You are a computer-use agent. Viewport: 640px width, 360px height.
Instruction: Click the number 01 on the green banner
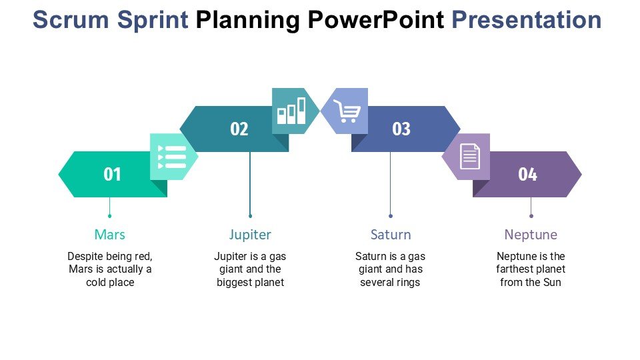pyautogui.click(x=112, y=175)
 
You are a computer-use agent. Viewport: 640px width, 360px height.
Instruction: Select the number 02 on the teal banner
pyautogui.click(x=239, y=129)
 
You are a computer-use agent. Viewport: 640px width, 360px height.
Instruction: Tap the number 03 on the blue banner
pyautogui.click(x=401, y=129)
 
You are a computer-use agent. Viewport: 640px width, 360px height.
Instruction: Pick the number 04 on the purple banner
pyautogui.click(x=527, y=175)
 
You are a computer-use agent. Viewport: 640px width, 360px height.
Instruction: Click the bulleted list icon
pyautogui.click(x=171, y=157)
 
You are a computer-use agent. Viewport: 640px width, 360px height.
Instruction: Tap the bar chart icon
pyautogui.click(x=292, y=111)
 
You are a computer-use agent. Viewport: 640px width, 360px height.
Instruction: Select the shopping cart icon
pyautogui.click(x=346, y=111)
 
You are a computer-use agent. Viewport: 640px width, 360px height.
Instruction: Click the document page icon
pyautogui.click(x=469, y=157)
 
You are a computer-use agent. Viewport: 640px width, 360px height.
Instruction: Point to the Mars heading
pyautogui.click(x=109, y=235)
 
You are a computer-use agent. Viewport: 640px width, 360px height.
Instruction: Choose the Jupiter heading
pyautogui.click(x=250, y=235)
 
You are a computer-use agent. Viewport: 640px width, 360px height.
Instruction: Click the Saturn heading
pyautogui.click(x=391, y=235)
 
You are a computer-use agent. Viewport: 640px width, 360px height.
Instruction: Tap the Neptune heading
pyautogui.click(x=531, y=235)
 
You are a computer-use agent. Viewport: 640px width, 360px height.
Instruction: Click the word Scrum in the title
pyautogui.click(x=72, y=20)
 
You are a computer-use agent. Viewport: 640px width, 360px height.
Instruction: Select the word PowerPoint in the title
pyautogui.click(x=375, y=20)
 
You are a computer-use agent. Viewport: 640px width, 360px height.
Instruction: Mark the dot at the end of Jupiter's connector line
pyautogui.click(x=250, y=216)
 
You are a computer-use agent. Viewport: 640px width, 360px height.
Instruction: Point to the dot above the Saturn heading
pyautogui.click(x=391, y=216)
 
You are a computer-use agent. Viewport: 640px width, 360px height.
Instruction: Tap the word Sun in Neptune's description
pyautogui.click(x=551, y=282)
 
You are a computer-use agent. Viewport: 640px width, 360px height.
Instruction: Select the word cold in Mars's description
pyautogui.click(x=97, y=282)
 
